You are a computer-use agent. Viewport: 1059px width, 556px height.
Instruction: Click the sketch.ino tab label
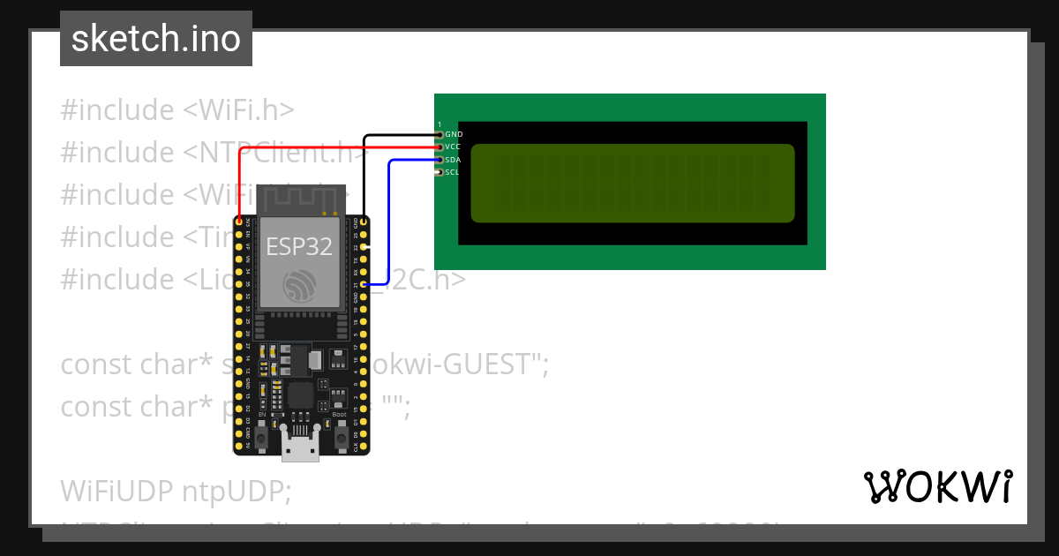coord(156,39)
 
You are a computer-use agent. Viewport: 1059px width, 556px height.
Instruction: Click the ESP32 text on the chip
coord(299,246)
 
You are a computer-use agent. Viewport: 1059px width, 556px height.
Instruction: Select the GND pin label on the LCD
coord(454,134)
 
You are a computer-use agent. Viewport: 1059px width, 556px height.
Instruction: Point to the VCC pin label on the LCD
coord(453,147)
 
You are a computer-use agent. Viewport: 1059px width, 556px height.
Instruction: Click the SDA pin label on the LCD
coord(453,160)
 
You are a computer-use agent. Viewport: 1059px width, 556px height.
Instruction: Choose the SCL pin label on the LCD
coord(452,172)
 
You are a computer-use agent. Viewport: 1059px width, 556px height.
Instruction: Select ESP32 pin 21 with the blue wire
coord(364,285)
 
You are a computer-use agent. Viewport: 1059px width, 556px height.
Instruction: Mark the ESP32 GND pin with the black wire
coord(364,220)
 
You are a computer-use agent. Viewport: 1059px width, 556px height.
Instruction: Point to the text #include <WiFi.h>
coord(177,110)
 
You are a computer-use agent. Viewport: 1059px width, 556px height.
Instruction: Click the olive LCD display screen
coord(632,183)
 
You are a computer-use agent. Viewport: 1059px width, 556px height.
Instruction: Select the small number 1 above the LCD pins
coord(439,124)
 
